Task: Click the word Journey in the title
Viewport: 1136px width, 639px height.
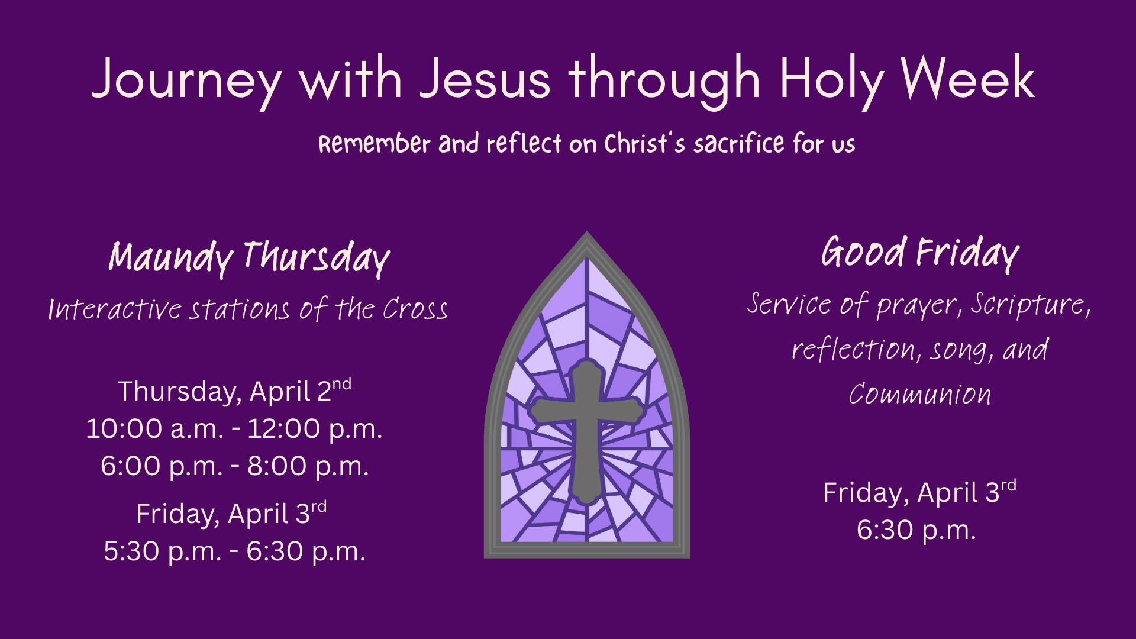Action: point(187,80)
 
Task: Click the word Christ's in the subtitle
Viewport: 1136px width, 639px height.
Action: point(645,144)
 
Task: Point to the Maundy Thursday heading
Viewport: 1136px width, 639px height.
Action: point(249,258)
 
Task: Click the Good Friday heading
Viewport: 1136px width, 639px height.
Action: point(920,253)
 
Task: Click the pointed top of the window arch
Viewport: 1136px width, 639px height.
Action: point(586,232)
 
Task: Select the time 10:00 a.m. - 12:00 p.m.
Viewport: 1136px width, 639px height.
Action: point(234,428)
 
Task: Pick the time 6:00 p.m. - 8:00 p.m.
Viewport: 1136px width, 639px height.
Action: point(235,466)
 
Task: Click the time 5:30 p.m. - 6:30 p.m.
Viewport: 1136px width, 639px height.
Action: point(235,551)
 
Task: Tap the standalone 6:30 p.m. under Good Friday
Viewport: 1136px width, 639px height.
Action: point(916,530)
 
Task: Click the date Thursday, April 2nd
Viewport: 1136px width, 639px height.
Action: point(234,390)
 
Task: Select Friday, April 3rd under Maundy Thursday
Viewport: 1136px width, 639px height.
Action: point(231,513)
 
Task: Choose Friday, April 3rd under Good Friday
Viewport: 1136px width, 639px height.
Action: point(919,492)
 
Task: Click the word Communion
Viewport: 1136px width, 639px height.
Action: point(920,394)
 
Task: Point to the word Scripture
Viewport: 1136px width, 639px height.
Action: point(1030,305)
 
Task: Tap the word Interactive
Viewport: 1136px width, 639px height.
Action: point(115,309)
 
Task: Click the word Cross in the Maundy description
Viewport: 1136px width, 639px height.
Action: point(415,309)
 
